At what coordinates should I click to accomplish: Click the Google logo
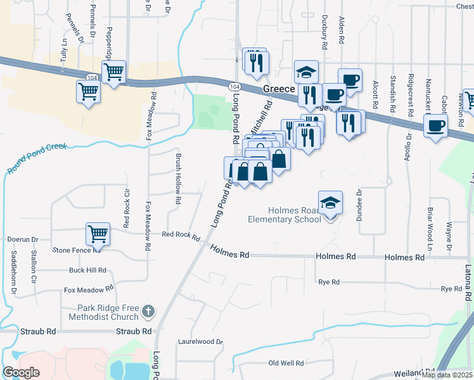[x=22, y=372]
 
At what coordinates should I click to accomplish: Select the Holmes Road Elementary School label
[x=285, y=215]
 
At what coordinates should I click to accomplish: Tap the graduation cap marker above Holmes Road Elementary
[x=330, y=203]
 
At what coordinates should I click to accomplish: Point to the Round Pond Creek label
[x=37, y=158]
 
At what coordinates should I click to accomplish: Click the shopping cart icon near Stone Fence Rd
[x=98, y=234]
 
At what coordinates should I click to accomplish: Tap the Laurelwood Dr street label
[x=201, y=341]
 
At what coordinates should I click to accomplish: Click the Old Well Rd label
[x=286, y=363]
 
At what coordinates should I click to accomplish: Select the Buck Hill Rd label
[x=87, y=270]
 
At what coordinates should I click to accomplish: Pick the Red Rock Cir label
[x=127, y=209]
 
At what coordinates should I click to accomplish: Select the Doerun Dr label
[x=23, y=240]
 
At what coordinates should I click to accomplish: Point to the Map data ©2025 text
[x=446, y=375]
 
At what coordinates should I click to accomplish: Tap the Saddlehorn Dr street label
[x=13, y=273]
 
